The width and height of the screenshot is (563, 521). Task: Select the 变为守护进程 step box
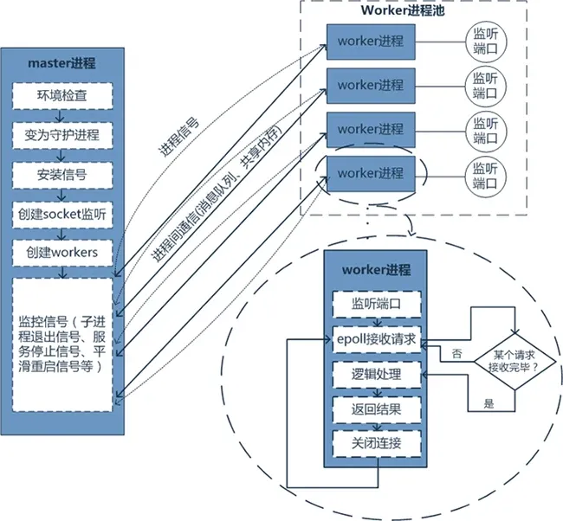[x=61, y=134]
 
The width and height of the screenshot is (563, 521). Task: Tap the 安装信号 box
[x=61, y=174]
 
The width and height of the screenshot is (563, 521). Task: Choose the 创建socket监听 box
[x=61, y=213]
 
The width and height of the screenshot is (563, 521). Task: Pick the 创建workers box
[x=61, y=252]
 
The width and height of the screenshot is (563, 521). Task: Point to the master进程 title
[x=61, y=63]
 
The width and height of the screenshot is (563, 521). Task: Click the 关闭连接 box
[x=376, y=443]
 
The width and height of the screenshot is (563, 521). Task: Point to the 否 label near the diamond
[x=456, y=354]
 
